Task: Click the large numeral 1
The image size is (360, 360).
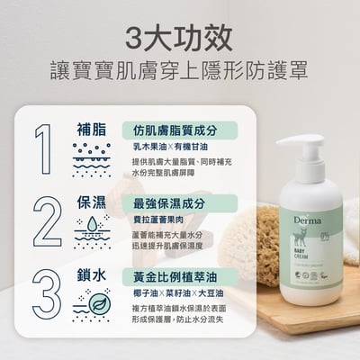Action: click(42, 148)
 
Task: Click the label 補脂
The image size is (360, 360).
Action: click(94, 129)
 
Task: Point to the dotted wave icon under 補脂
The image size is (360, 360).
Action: click(94, 154)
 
